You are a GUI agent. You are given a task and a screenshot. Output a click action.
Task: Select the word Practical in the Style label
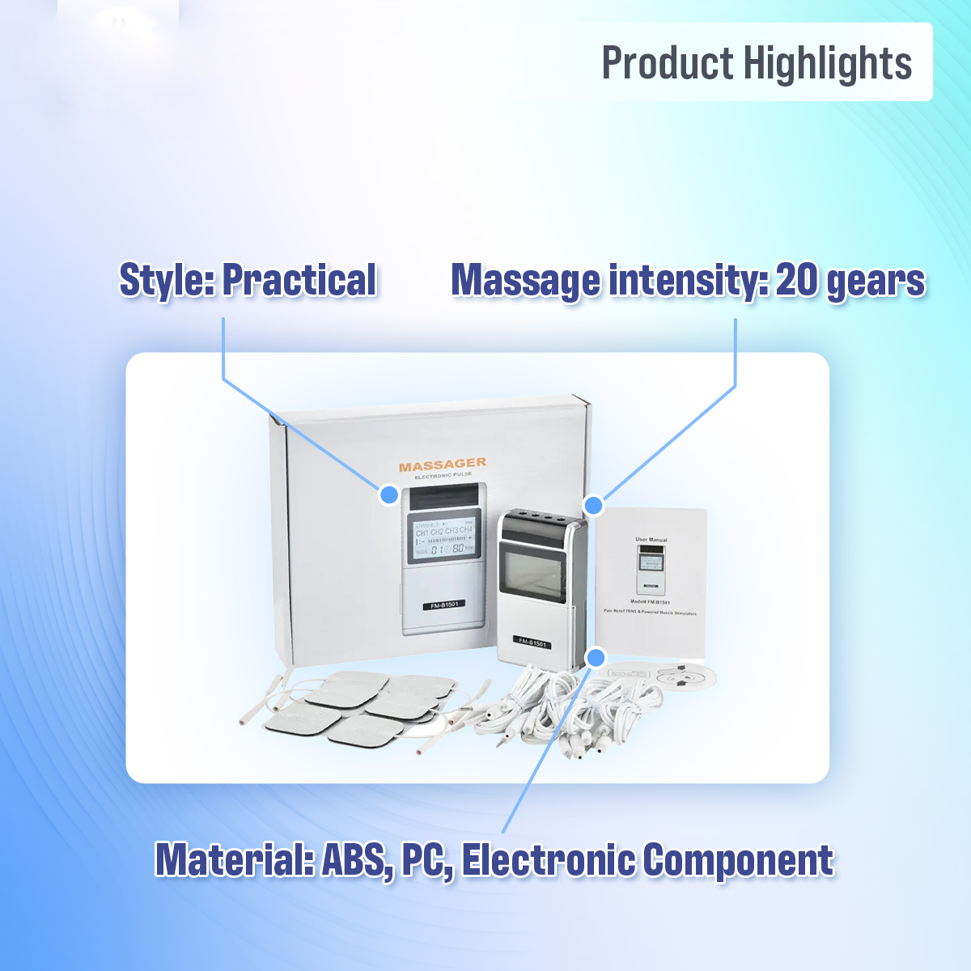pyautogui.click(x=299, y=280)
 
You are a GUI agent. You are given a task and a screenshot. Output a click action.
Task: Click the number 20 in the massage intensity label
pyautogui.click(x=796, y=280)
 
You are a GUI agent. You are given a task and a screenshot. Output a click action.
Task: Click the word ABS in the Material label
pyautogui.click(x=354, y=859)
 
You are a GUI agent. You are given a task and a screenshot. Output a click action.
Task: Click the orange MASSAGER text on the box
pyautogui.click(x=443, y=464)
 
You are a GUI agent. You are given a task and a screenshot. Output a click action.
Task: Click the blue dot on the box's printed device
pyautogui.click(x=389, y=494)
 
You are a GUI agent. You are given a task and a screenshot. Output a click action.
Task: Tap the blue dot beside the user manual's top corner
pyautogui.click(x=593, y=505)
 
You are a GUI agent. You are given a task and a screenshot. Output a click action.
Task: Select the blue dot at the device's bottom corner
pyautogui.click(x=596, y=657)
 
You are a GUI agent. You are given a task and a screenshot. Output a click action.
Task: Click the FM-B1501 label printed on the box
pyautogui.click(x=443, y=604)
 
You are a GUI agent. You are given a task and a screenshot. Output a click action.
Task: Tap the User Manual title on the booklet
pyautogui.click(x=651, y=539)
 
